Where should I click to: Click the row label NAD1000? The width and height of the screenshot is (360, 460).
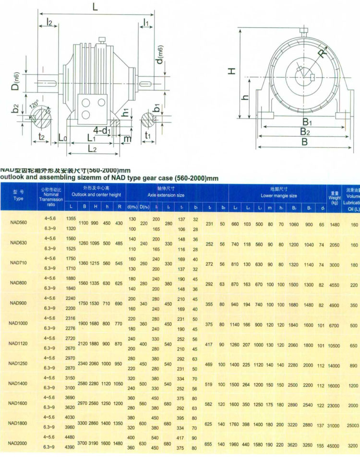(x=18, y=323)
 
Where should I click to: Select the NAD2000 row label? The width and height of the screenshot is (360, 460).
(x=18, y=444)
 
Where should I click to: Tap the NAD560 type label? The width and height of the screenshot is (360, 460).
(x=18, y=223)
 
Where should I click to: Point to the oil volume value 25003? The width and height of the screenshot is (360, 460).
(x=353, y=425)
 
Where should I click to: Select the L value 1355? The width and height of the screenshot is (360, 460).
(x=71, y=218)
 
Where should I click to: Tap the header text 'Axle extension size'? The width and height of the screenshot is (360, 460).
(x=166, y=195)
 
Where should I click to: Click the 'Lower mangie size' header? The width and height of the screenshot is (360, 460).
(x=278, y=195)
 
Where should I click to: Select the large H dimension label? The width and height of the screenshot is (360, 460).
(x=232, y=71)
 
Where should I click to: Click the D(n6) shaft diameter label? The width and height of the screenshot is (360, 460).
(x=16, y=82)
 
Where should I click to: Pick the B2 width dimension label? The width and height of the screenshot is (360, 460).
(x=303, y=131)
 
